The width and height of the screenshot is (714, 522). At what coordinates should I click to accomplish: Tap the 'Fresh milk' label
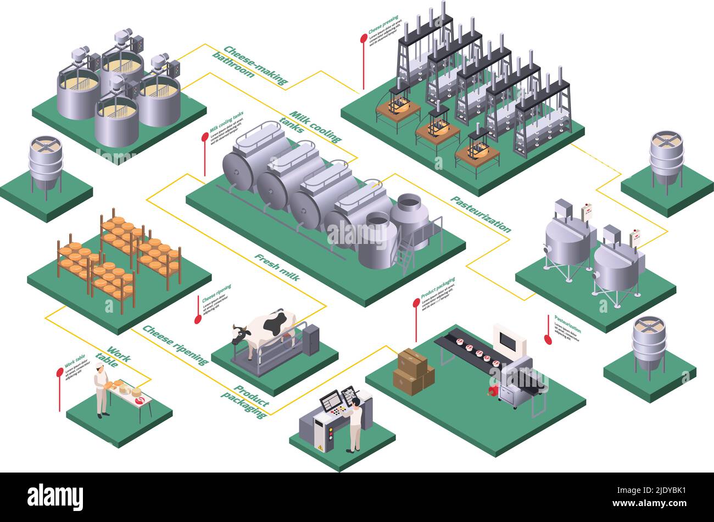(277, 267)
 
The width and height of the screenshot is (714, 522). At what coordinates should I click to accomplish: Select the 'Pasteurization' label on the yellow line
(481, 214)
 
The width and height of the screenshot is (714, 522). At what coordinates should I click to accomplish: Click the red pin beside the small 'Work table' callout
(60, 373)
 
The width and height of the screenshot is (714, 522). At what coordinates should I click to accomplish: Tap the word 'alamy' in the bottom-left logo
(55, 493)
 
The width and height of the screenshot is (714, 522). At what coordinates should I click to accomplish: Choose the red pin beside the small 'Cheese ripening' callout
(198, 319)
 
